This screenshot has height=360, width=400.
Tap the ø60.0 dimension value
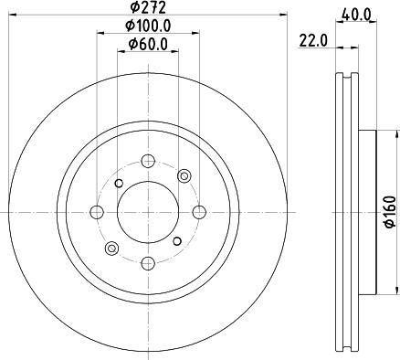[149, 45]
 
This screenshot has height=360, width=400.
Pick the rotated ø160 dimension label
[388, 211]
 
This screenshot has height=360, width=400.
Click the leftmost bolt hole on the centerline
[97, 213]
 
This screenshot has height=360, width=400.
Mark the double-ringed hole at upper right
[185, 175]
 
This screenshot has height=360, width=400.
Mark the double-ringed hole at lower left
[112, 249]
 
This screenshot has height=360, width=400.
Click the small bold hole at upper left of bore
[120, 184]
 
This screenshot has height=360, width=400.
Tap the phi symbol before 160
[388, 225]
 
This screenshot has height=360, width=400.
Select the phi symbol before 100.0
[130, 28]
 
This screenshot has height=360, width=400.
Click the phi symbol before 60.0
[132, 45]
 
